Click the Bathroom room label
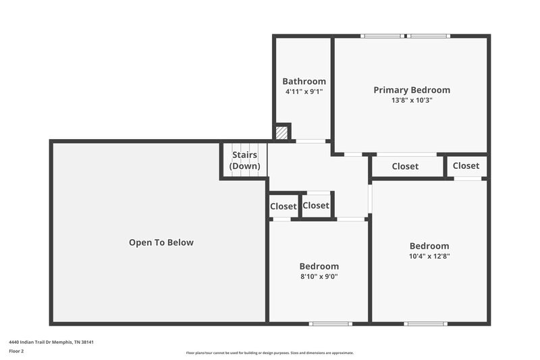tap(304, 81)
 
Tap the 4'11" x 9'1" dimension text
tap(304, 91)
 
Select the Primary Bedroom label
tap(412, 90)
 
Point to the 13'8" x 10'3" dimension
tap(412, 100)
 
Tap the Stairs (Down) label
tap(244, 160)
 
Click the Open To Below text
tap(161, 242)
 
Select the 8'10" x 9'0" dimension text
tap(319, 276)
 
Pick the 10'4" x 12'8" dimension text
tap(429, 256)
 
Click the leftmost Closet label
tap(283, 207)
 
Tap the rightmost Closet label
tap(466, 165)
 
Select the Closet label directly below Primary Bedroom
tap(405, 166)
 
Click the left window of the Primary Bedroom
tap(383, 36)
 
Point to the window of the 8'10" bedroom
tap(330, 324)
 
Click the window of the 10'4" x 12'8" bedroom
tap(425, 324)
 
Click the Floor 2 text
tap(17, 351)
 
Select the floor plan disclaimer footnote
tap(270, 353)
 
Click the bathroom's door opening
tap(310, 141)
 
